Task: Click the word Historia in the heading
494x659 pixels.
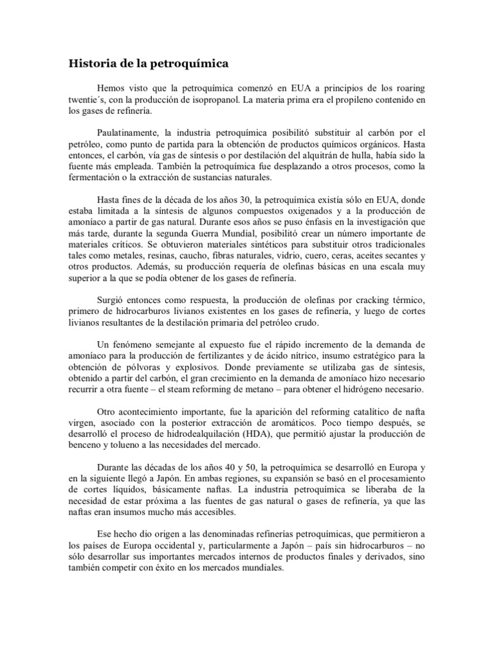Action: (91, 64)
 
